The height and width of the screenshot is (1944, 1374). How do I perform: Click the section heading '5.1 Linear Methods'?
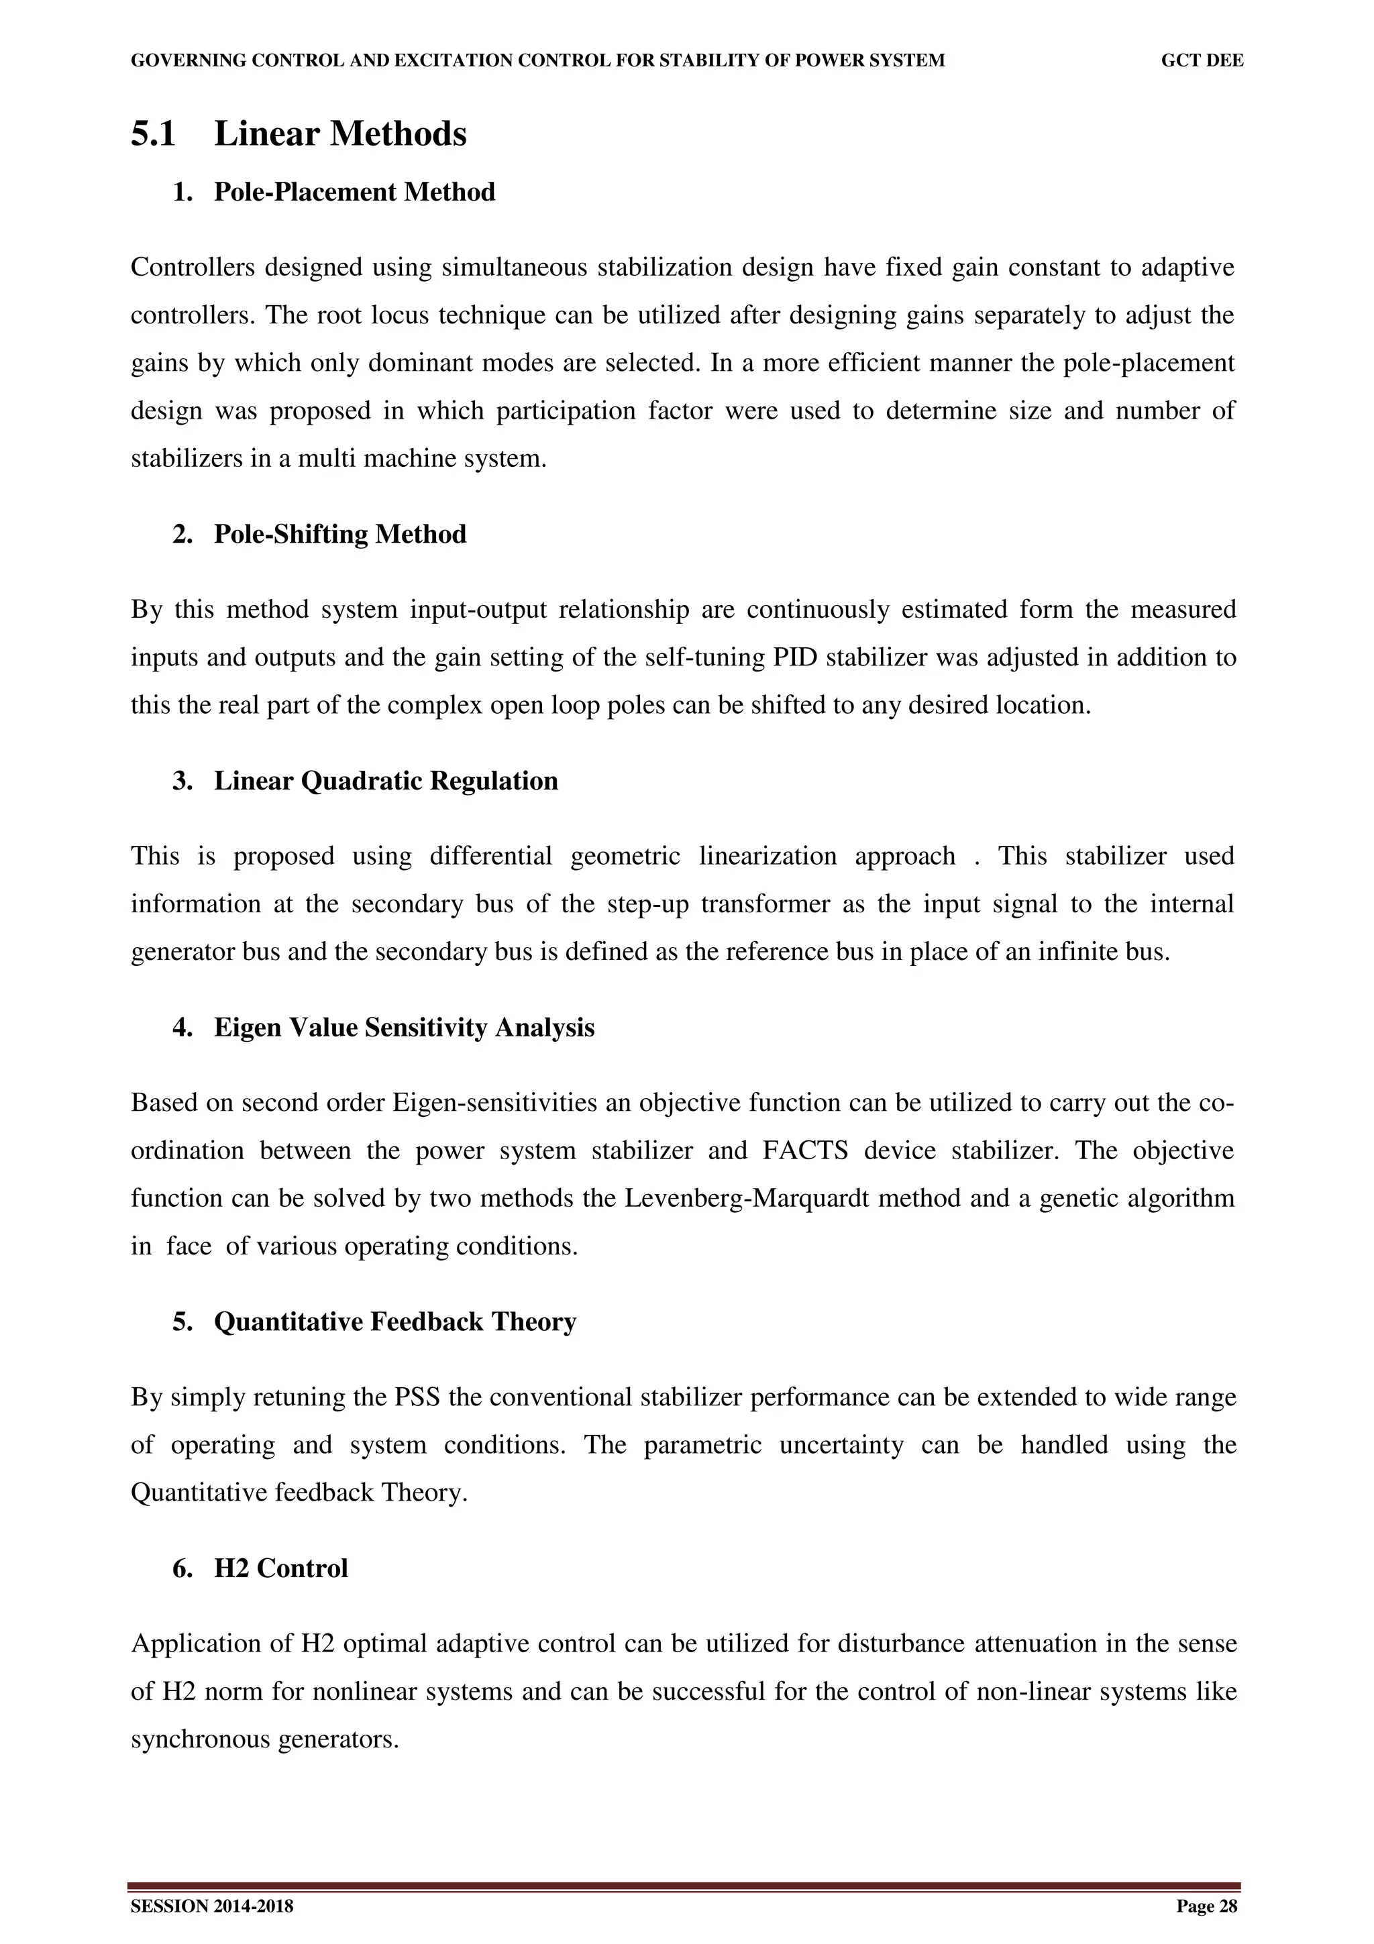pos(298,133)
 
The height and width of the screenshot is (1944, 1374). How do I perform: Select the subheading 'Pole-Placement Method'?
pos(354,193)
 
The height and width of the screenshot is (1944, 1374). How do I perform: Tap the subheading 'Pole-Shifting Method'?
pos(339,534)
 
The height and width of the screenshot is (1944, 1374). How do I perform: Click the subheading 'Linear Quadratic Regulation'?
pos(385,781)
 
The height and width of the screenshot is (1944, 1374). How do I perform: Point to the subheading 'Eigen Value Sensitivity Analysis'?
pos(404,1027)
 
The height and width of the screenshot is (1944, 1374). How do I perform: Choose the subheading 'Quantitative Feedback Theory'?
pos(394,1321)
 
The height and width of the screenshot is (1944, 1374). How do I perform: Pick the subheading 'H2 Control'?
pos(280,1568)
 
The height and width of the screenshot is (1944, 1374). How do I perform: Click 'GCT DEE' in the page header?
pos(1202,61)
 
